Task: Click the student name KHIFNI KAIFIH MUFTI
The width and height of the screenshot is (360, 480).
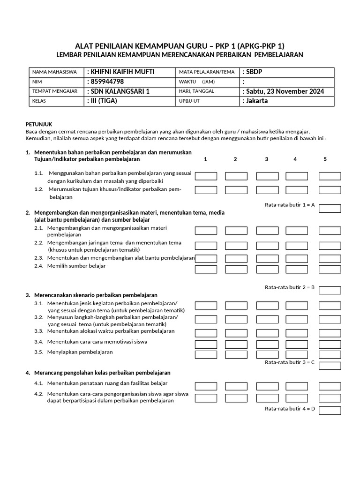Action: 120,72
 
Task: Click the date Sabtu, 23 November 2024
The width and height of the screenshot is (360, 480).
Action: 283,91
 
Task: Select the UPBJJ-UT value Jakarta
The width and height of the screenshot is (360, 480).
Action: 255,101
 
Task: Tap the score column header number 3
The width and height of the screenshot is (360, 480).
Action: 266,159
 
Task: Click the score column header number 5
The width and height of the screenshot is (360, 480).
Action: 325,159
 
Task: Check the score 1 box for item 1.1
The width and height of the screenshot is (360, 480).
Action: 206,176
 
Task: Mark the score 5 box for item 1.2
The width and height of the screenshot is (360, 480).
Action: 330,190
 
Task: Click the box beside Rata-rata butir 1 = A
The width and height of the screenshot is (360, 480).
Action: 330,208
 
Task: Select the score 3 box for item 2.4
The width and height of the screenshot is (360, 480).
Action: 267,269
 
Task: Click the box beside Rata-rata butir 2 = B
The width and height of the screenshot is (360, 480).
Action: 330,290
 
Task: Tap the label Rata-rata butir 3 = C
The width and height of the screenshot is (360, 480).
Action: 289,362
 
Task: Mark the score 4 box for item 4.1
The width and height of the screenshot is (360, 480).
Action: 296,386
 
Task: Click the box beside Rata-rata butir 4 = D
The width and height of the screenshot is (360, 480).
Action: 330,411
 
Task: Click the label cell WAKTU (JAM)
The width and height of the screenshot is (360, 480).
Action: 196,82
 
